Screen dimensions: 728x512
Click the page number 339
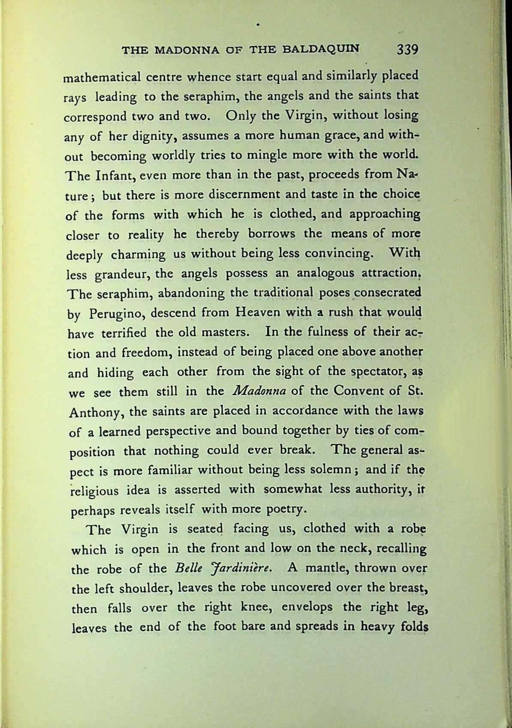tap(407, 50)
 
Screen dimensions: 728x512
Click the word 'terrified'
tap(124, 333)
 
